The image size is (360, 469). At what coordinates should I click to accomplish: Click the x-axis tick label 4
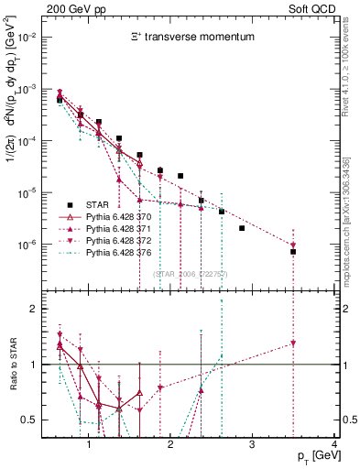pyautogui.click(x=333, y=444)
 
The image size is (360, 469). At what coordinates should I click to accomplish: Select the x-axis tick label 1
pyautogui.click(x=89, y=444)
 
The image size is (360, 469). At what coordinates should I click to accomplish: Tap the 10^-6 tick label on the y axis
pyautogui.click(x=28, y=245)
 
